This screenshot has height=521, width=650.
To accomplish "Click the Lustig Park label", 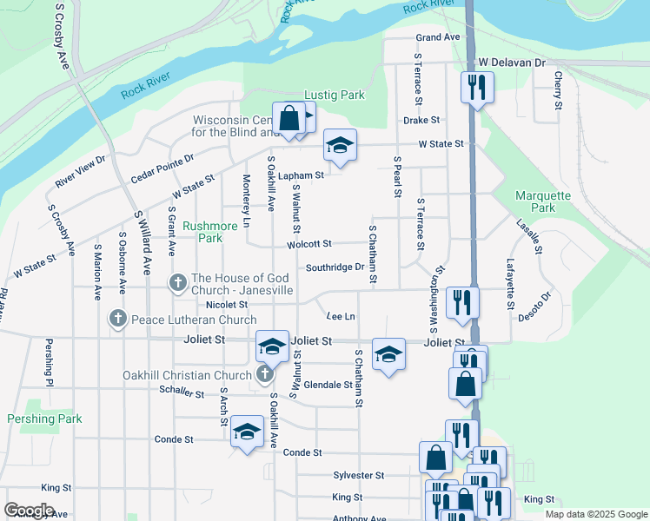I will tap(335, 95).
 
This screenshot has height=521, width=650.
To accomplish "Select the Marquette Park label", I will tap(543, 201).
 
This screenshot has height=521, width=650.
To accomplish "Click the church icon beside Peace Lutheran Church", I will tap(118, 319).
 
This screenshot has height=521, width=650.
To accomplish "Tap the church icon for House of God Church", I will tap(178, 282).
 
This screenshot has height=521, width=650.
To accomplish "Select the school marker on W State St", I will tap(340, 145).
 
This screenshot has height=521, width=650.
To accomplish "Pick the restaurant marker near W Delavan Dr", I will tap(475, 87).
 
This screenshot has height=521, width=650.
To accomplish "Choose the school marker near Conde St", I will tap(247, 432).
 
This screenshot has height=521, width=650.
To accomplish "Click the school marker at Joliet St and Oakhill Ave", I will tap(272, 346).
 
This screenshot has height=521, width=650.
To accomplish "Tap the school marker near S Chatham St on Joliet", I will tap(388, 353).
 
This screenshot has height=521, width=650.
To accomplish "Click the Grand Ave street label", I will tap(437, 37).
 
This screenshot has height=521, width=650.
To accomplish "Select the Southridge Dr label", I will tap(334, 267).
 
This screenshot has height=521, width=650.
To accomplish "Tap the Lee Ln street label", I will tap(340, 315).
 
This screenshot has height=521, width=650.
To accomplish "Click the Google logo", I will tap(29, 510).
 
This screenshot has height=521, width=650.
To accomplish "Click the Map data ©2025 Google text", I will tap(594, 514).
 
